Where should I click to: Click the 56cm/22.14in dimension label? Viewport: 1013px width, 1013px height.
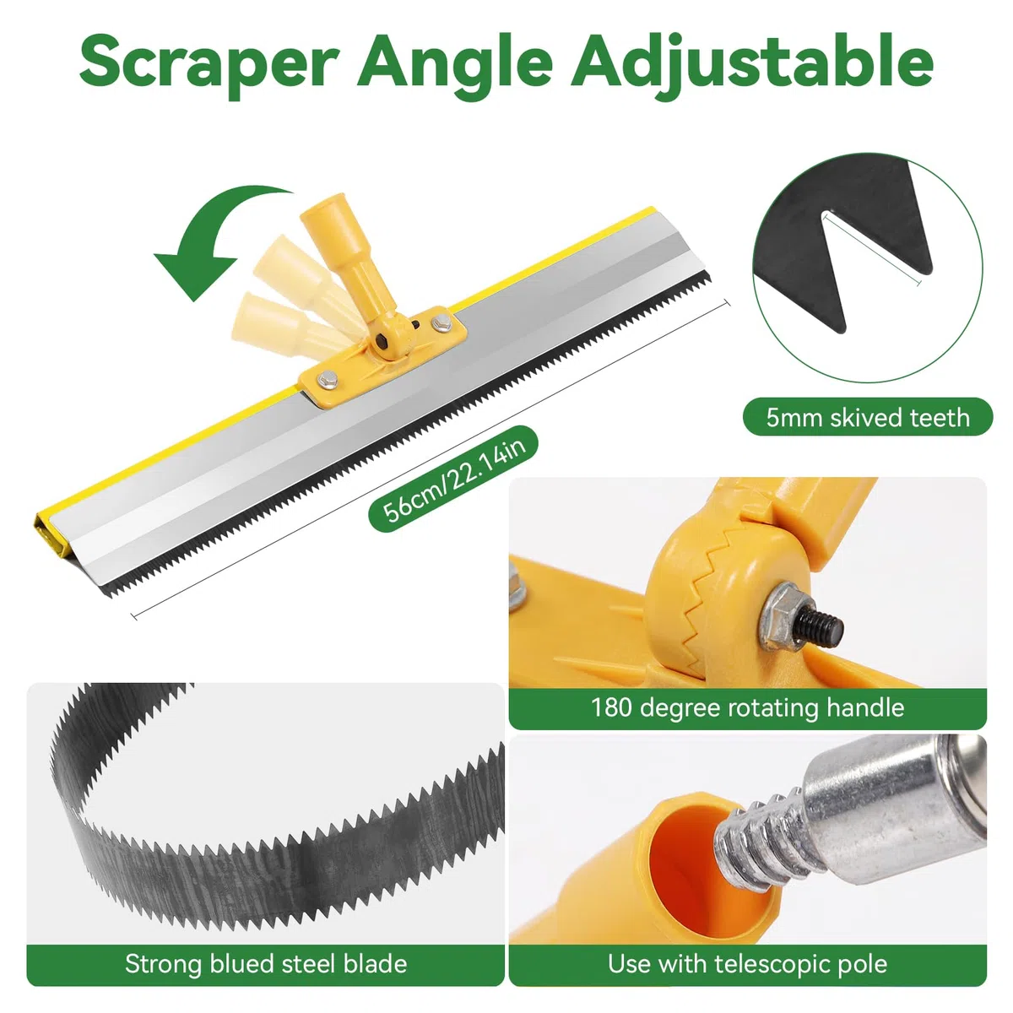tap(454, 480)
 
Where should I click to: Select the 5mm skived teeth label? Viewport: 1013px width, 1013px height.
tap(868, 417)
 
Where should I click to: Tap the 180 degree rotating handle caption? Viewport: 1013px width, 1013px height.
tap(748, 707)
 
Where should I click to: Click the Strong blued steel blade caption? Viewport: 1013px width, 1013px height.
tap(266, 963)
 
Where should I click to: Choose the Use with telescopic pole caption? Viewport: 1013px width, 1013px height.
tap(748, 963)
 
